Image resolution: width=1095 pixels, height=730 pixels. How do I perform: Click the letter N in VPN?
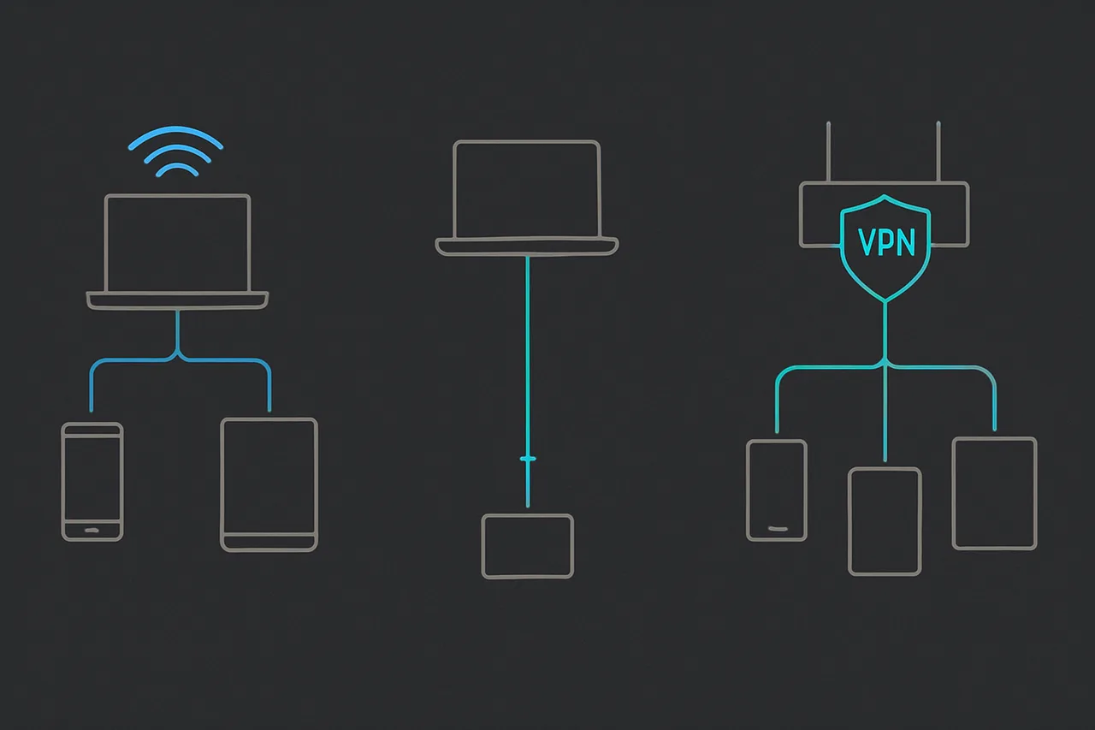coord(903,242)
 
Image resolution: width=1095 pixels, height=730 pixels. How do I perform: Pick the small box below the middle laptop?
coord(527,546)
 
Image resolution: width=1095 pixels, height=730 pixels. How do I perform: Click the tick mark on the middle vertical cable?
coord(528,460)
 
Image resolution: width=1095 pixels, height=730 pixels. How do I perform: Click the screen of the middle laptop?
coord(527,190)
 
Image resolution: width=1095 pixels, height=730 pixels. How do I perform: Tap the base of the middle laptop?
coord(527,246)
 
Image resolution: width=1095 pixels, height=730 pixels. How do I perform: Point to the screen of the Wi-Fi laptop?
coord(177,243)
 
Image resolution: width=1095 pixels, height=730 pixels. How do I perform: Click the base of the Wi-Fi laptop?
coord(177,300)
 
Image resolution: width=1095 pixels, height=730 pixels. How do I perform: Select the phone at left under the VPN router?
coord(777,490)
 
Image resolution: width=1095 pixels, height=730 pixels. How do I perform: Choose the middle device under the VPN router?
coord(885,520)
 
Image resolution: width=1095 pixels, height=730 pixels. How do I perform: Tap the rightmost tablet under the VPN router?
coord(994,493)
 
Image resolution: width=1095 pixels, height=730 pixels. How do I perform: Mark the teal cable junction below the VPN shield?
coord(885,366)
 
